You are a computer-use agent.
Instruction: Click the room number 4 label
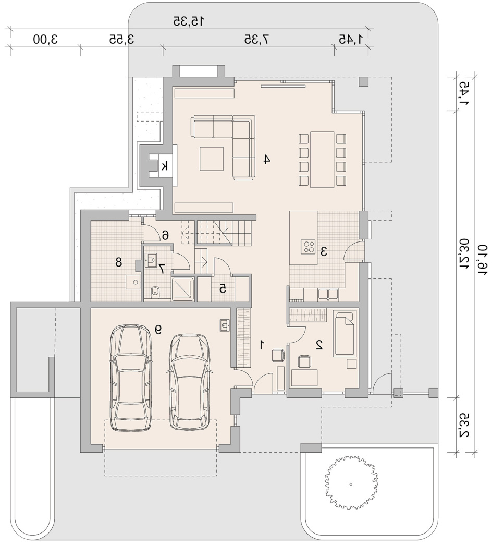click(x=266, y=160)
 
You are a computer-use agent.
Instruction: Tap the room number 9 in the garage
click(x=158, y=329)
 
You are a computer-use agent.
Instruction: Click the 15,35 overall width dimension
click(x=188, y=22)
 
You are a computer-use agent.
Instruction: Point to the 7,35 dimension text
click(x=257, y=39)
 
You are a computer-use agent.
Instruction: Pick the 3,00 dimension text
click(x=45, y=39)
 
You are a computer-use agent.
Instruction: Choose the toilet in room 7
click(x=155, y=292)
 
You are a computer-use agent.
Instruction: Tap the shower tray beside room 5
click(x=183, y=289)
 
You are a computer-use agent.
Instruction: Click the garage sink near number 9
click(x=225, y=325)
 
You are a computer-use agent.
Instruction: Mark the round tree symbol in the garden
click(x=351, y=484)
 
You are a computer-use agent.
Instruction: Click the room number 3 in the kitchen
click(x=324, y=251)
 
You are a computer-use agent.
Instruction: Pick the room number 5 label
click(x=223, y=288)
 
